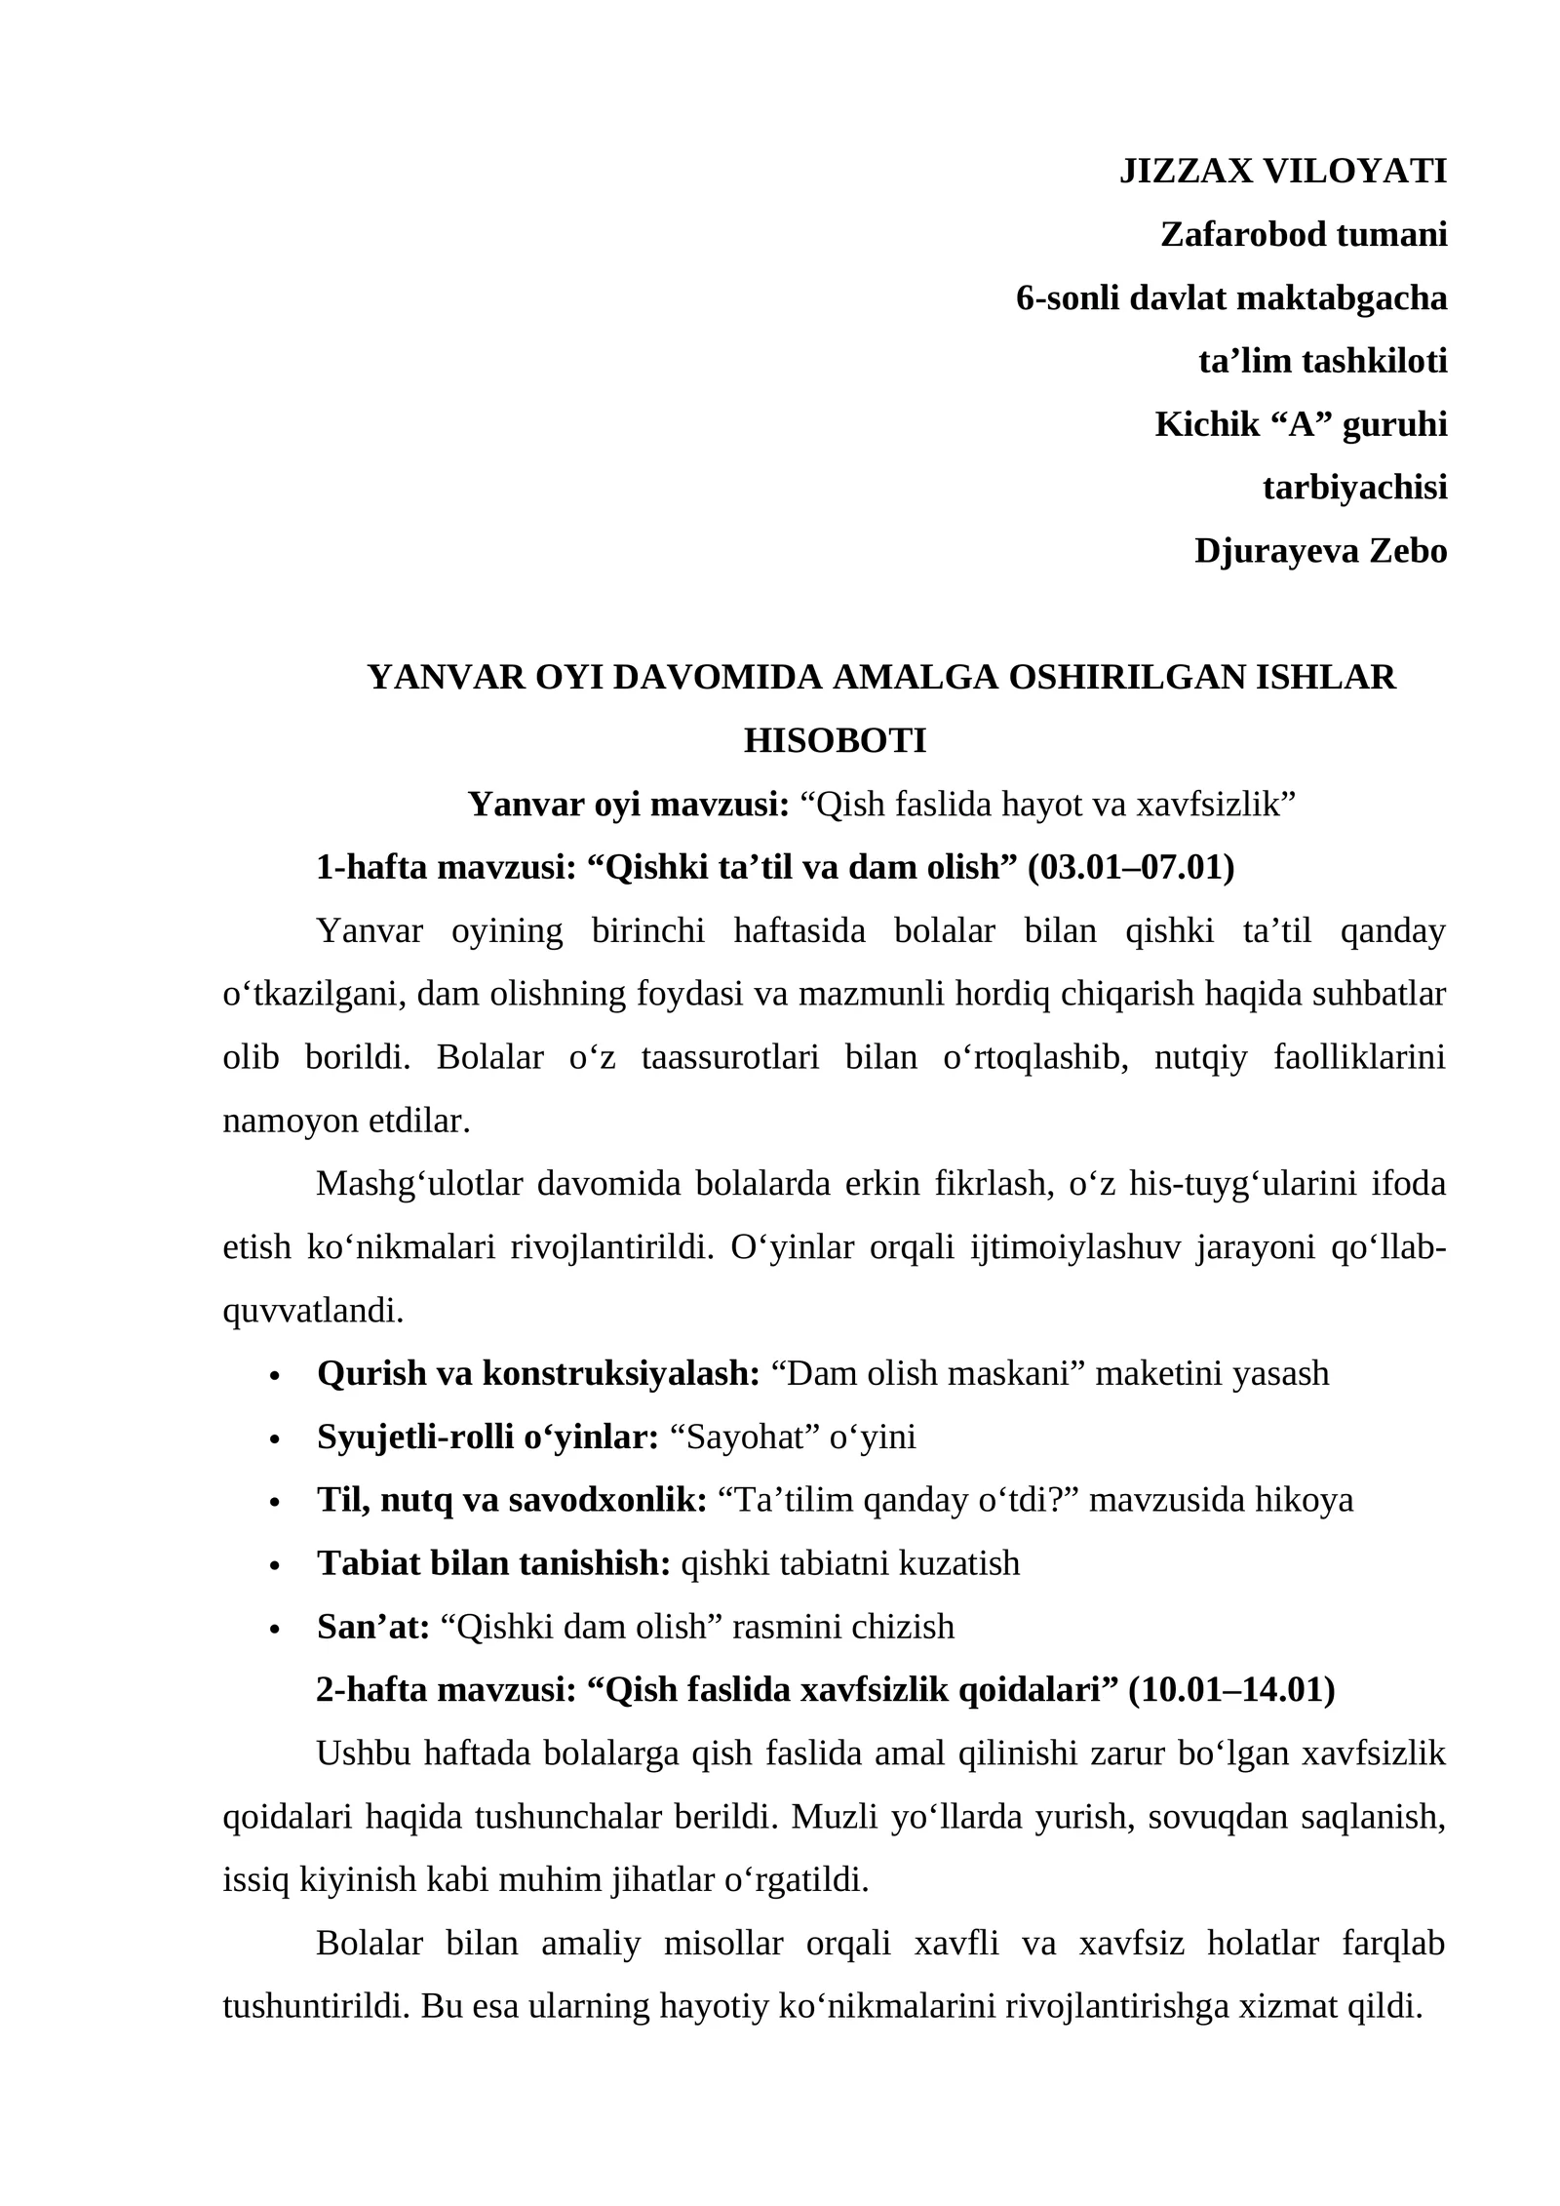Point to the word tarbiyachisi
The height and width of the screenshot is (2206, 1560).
point(1354,488)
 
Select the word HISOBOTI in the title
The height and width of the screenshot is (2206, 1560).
point(835,741)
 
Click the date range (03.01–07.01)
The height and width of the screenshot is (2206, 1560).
point(1131,867)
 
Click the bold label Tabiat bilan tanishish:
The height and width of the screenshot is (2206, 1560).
point(493,1563)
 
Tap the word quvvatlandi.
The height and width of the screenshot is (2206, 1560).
point(313,1311)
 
